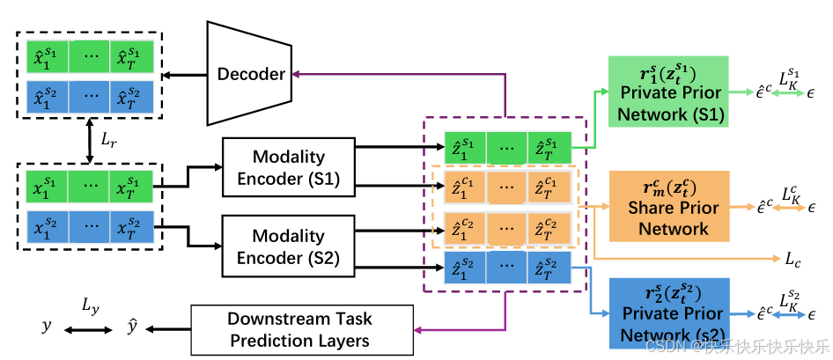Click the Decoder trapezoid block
(250, 74)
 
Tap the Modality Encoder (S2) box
(289, 247)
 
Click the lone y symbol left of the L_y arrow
(46, 327)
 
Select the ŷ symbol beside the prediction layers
(130, 327)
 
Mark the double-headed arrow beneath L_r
(89, 142)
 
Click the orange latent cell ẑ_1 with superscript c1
(463, 187)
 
